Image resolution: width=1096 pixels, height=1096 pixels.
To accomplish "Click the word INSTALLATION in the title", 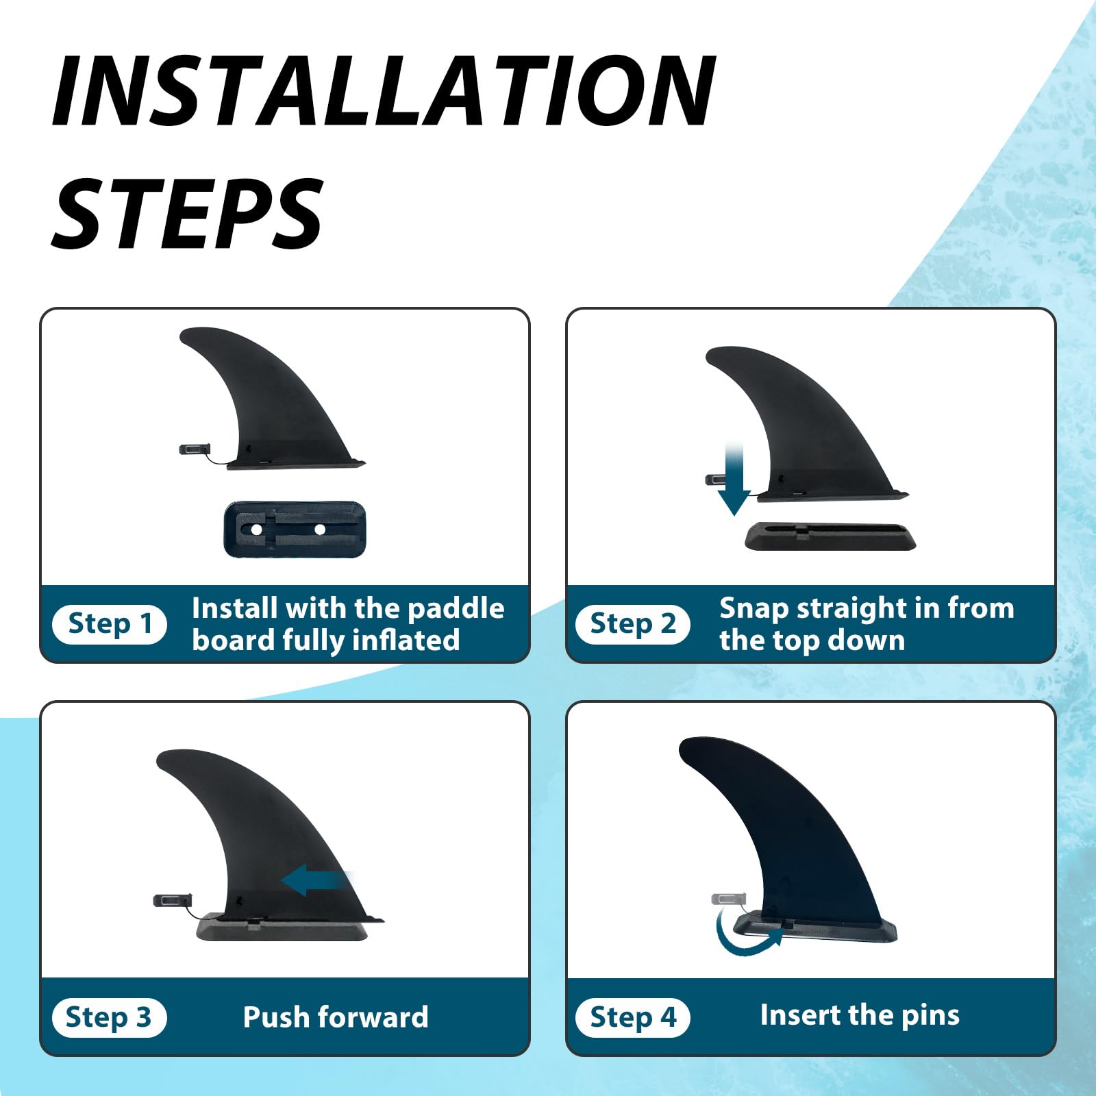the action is click(384, 91).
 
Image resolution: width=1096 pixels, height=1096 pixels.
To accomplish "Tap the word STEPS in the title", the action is click(186, 212).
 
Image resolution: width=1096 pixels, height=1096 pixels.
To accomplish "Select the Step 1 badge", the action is click(109, 624).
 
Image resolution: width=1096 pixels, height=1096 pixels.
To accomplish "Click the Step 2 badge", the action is click(632, 624).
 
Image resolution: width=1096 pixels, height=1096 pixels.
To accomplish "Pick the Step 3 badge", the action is click(109, 1017).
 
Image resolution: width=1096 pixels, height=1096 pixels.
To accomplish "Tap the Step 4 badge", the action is click(632, 1017).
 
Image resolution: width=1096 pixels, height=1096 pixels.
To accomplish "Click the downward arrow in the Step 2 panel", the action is click(734, 480).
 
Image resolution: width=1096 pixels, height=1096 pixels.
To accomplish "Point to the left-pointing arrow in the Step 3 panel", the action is click(316, 880).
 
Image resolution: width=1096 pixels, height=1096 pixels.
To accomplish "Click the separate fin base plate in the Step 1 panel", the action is click(295, 529).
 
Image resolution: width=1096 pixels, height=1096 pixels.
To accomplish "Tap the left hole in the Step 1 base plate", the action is click(256, 530).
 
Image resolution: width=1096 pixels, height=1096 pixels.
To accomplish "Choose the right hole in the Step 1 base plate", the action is click(319, 529).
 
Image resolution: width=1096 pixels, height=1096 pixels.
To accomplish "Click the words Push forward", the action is click(336, 1017).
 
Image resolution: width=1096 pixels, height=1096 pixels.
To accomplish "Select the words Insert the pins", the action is click(860, 1015).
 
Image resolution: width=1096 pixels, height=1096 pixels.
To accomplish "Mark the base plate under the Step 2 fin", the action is click(830, 536).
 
